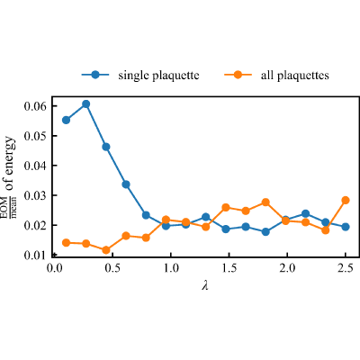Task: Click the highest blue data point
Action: (x=86, y=104)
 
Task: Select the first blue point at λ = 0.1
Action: (x=66, y=120)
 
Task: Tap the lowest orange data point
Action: (x=106, y=250)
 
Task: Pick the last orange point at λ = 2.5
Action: (x=346, y=200)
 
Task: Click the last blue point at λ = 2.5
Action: (x=346, y=227)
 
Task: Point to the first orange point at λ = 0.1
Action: (x=66, y=243)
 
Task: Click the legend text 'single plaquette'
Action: (x=158, y=76)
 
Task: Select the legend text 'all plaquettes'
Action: (x=295, y=76)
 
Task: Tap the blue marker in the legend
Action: (x=95, y=75)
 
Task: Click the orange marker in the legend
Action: (x=238, y=75)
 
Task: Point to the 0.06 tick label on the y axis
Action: (x=36, y=106)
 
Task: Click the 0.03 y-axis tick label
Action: (x=36, y=195)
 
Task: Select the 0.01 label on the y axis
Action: (x=36, y=255)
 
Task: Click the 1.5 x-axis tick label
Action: (x=229, y=268)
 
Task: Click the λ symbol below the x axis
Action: (x=205, y=285)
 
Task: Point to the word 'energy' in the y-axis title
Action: (x=11, y=155)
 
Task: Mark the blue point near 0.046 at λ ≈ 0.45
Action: (x=106, y=147)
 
